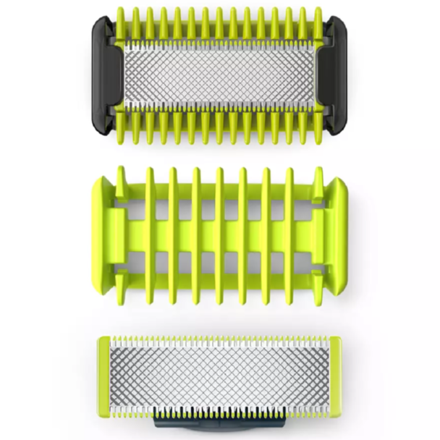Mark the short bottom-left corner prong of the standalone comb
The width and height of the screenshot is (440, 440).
tap(122, 279)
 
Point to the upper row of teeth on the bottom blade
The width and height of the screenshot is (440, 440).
tap(219, 340)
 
